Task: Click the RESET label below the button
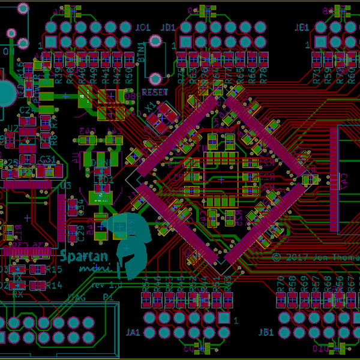(154, 92)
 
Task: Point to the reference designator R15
(54, 270)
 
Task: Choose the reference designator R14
(54, 286)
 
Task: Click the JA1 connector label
(133, 332)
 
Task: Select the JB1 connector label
(266, 332)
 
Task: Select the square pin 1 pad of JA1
(224, 317)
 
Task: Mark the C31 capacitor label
(48, 160)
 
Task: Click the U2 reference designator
(12, 128)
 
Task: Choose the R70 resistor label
(281, 282)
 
